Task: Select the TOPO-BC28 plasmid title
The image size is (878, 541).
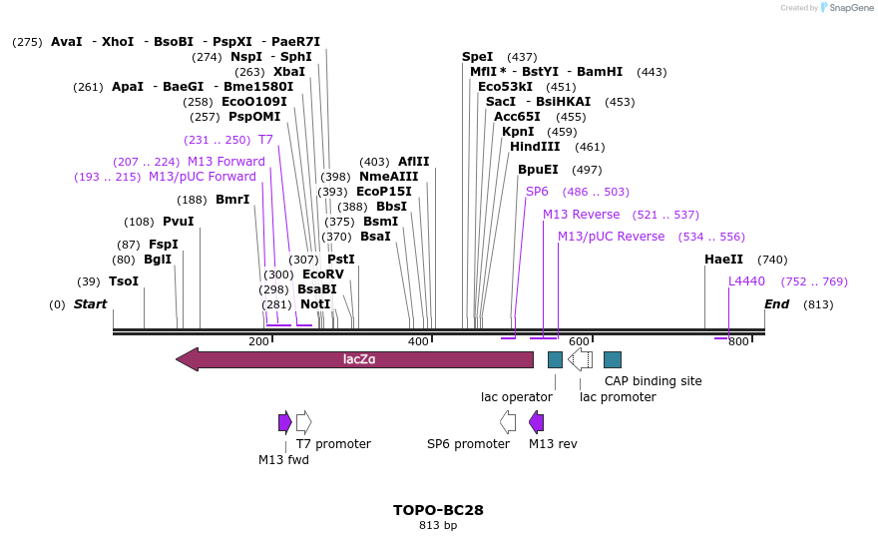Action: pyautogui.click(x=438, y=510)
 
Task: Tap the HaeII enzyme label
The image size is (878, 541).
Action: pyautogui.click(x=723, y=260)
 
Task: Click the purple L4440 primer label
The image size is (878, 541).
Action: pyautogui.click(x=746, y=281)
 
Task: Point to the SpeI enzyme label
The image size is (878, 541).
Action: pyautogui.click(x=477, y=57)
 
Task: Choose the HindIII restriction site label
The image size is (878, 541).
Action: pyautogui.click(x=535, y=147)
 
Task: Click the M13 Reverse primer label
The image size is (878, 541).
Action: pyautogui.click(x=581, y=215)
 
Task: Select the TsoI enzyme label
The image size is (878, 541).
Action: pyautogui.click(x=124, y=281)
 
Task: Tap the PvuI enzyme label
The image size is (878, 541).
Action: pyautogui.click(x=178, y=222)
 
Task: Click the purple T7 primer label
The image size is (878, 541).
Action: pyautogui.click(x=265, y=140)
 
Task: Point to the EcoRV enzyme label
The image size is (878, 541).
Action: pyautogui.click(x=322, y=274)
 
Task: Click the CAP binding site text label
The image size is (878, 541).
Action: pyautogui.click(x=653, y=381)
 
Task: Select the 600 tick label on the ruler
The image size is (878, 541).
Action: pyautogui.click(x=579, y=341)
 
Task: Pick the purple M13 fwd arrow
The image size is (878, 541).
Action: pyautogui.click(x=284, y=422)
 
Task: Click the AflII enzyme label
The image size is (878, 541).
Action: pyautogui.click(x=413, y=162)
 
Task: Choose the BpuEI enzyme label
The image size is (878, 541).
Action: pyautogui.click(x=538, y=170)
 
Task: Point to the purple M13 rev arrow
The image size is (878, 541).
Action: pyautogui.click(x=536, y=422)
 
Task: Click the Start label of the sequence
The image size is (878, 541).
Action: pyautogui.click(x=90, y=304)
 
